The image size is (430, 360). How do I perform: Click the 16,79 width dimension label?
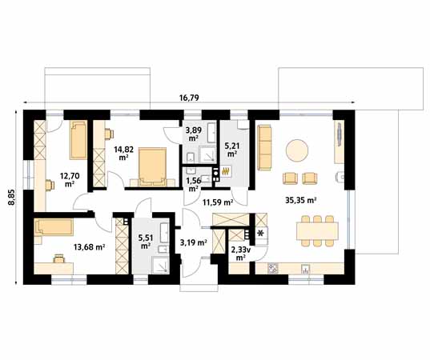coord(189,98)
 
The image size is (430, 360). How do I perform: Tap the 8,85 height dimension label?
coord(11,197)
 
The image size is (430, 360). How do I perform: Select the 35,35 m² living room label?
coord(301,201)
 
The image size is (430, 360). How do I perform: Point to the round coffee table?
coord(297,150)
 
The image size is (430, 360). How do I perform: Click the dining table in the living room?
coord(317,231)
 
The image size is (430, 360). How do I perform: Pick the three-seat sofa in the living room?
coord(264,147)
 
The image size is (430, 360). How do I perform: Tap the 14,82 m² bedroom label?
coord(123,153)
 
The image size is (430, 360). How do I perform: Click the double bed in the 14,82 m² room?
coord(152,166)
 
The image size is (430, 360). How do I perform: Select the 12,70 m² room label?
coord(70,179)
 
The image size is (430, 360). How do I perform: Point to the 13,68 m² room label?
coord(90,247)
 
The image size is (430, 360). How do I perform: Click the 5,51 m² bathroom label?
coord(146,241)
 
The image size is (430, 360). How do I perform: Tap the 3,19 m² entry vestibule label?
coord(194,242)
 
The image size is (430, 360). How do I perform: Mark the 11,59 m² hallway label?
coord(218,202)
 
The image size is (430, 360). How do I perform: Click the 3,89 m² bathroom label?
coord(194,134)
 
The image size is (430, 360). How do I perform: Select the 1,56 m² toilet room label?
coord(194,184)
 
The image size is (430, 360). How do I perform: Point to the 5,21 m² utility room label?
coord(232,150)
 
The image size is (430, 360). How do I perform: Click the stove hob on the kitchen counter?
coord(273,269)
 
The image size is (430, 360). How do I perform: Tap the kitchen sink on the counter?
coord(306,269)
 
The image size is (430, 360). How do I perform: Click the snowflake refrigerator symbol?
coord(261,233)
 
